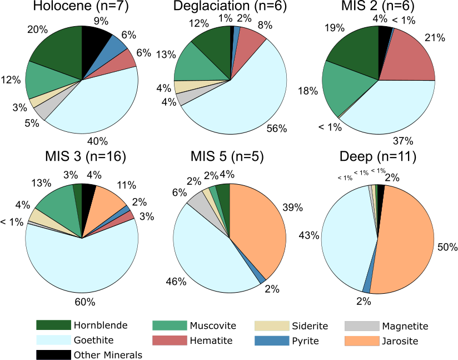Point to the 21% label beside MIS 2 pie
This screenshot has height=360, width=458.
435,38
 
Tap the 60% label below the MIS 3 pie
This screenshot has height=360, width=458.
86,302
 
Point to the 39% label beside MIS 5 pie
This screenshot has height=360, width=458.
292,208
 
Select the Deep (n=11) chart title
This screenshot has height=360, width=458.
378,157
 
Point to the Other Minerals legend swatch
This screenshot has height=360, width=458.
53,354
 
